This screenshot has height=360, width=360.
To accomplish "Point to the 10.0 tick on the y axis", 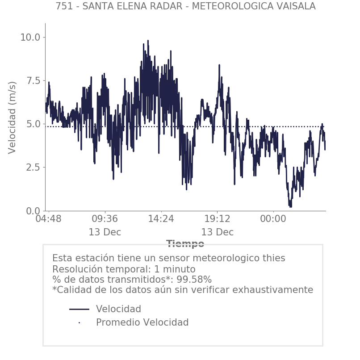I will (30, 37).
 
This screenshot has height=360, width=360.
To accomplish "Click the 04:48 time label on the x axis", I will (48, 219).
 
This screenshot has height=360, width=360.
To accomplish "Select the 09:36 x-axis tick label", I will (105, 219).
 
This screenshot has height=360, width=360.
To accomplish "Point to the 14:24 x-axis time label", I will (161, 219).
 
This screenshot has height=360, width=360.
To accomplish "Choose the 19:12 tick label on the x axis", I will (217, 219).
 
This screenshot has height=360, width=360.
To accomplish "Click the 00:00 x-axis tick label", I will (273, 219).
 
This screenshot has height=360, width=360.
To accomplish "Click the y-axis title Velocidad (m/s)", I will (13, 117).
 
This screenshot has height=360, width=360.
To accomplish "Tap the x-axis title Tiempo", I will (185, 244).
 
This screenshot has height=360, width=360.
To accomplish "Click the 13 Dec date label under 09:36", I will (105, 232).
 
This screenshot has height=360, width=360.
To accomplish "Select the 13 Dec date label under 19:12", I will (217, 232).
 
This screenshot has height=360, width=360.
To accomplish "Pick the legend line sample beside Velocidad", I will (80, 309).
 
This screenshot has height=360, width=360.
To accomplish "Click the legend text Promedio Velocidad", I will (142, 322).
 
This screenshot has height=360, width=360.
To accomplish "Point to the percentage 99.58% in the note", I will (193, 280).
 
